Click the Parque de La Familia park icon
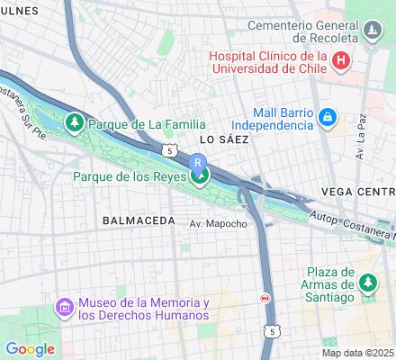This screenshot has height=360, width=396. pyautogui.click(x=75, y=122)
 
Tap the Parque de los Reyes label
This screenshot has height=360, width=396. pyautogui.click(x=128, y=176)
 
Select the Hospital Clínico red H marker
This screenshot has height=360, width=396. pyautogui.click(x=340, y=61)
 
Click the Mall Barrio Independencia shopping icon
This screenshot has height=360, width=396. pyautogui.click(x=328, y=117)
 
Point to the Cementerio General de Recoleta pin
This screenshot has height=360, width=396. pyautogui.click(x=371, y=33)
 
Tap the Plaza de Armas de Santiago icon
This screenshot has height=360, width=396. pyautogui.click(x=367, y=283)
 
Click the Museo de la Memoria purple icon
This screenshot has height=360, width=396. pyautogui.click(x=65, y=308)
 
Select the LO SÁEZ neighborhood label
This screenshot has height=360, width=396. pyautogui.click(x=220, y=140)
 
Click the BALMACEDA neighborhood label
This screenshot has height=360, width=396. pyautogui.click(x=139, y=220)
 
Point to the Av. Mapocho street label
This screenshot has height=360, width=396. pyautogui.click(x=218, y=223)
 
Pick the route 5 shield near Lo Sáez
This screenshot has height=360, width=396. pyautogui.click(x=168, y=150)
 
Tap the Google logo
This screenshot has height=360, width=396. pyautogui.click(x=30, y=349)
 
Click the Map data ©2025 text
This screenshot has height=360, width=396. pyautogui.click(x=358, y=352)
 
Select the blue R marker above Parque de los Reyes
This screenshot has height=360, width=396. pyautogui.click(x=198, y=161)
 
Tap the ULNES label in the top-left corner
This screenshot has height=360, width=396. pyautogui.click(x=20, y=10)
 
